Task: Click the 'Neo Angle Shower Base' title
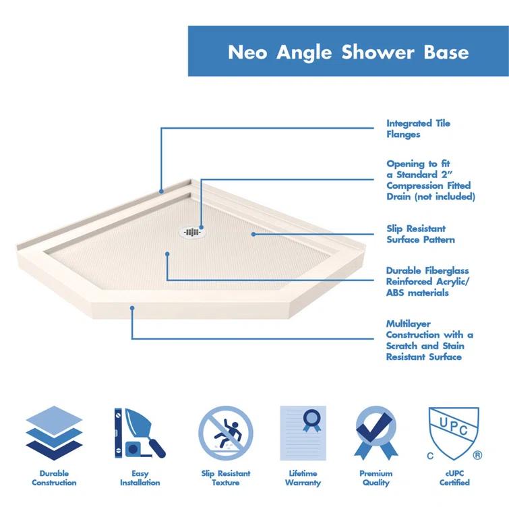348,52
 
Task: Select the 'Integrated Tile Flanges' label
418,129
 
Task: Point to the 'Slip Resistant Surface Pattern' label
420,234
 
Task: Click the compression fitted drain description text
430,180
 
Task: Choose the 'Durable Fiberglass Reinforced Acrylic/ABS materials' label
427,282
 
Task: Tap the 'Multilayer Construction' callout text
429,340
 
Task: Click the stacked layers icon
54,431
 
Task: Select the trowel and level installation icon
140,431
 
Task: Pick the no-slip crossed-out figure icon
226,431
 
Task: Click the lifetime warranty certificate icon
303,431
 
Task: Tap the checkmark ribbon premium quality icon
376,431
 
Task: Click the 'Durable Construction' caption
54,478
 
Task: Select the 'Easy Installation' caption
140,478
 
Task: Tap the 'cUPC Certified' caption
454,478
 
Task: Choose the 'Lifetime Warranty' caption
303,478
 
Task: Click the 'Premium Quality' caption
376,478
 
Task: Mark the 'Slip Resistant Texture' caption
226,478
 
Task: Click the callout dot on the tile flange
162,191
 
